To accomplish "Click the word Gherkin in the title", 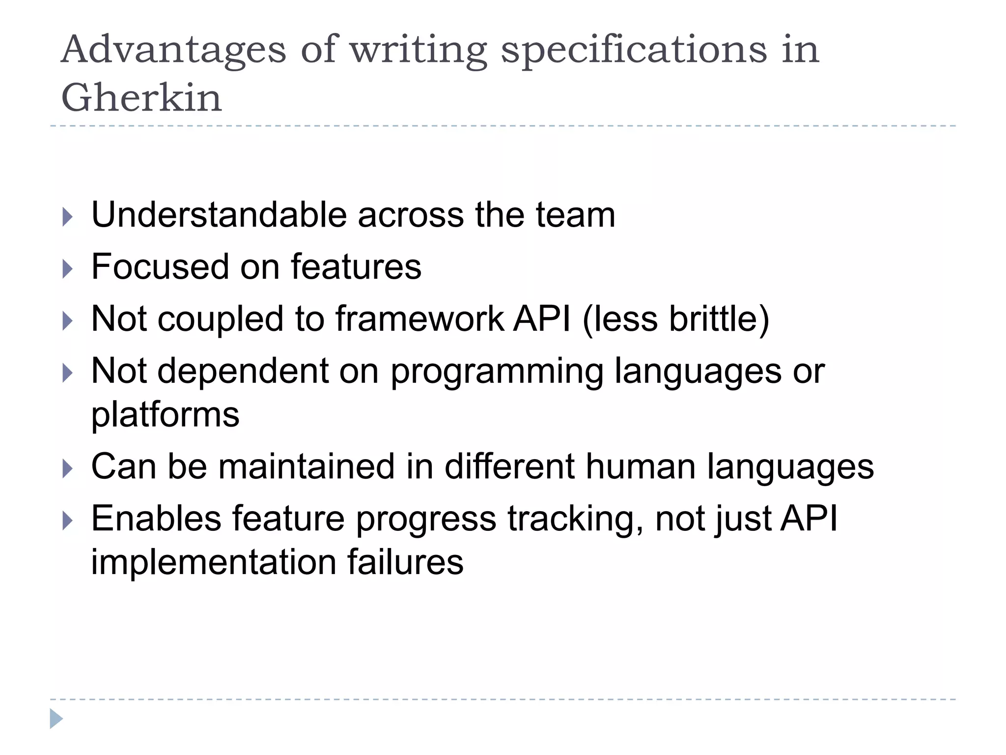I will (141, 97).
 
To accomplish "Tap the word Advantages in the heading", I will (173, 51).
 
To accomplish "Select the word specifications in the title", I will (634, 51).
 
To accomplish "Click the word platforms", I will (166, 414).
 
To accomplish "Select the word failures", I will (405, 561).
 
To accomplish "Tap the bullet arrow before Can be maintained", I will (68, 468).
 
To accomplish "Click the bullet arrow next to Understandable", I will (68, 217).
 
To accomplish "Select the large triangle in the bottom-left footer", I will (56, 719).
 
